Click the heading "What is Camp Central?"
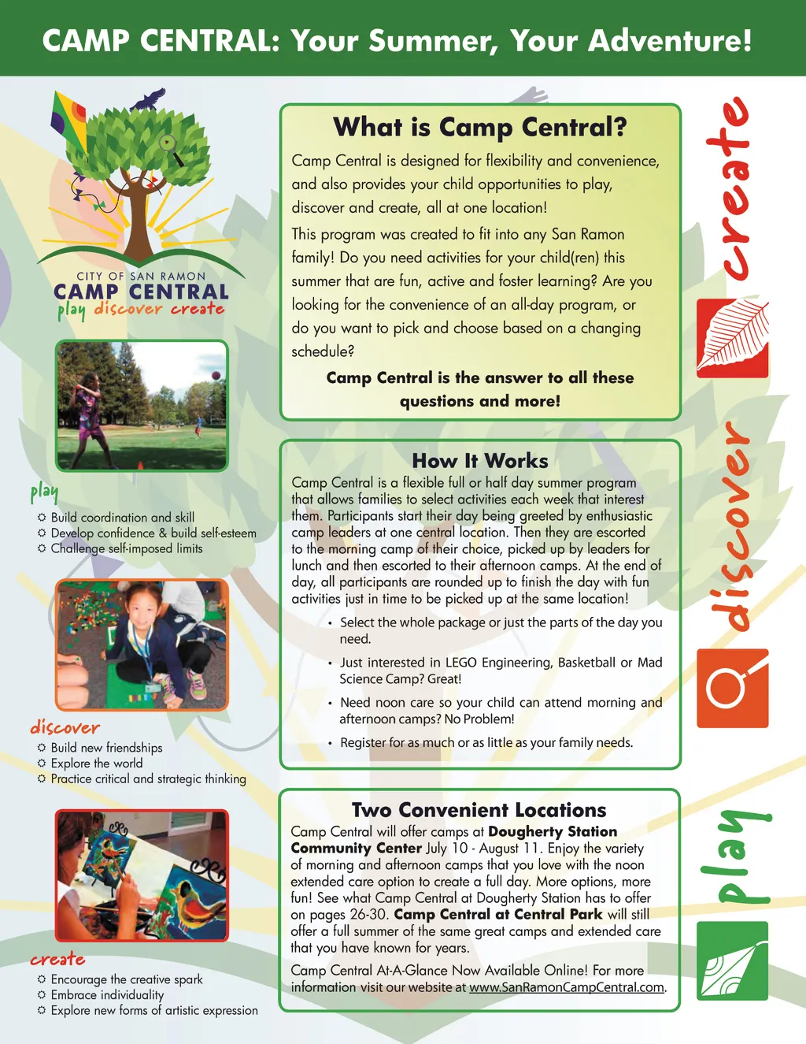479,127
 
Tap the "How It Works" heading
479,461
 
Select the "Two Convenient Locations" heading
479,810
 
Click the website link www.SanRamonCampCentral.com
567,987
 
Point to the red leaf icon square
732,338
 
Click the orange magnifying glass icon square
732,688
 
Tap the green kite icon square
732,960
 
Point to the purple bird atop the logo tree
150,100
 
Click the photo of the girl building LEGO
142,645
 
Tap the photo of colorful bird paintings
142,875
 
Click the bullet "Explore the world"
97,763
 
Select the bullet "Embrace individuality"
107,995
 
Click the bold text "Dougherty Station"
553,831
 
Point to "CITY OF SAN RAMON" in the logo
141,277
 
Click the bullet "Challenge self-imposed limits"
127,548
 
